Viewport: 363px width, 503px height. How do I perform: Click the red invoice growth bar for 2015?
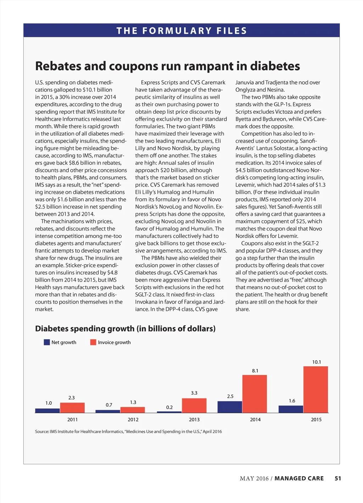tap(315, 389)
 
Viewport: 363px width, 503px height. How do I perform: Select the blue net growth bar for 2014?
tap(230, 407)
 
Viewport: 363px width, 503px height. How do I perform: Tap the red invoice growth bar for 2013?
tap(194, 406)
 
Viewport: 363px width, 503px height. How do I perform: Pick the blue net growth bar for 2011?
tap(47, 411)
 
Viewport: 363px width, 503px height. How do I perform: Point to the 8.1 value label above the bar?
tap(255, 371)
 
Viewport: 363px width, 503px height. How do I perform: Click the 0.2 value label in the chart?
tap(169, 407)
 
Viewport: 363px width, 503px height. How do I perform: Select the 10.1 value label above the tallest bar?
tap(316, 362)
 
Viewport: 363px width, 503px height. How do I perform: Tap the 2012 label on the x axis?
tap(133, 419)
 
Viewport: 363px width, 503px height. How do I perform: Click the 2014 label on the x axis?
tap(255, 419)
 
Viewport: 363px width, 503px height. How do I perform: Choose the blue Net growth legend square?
tap(47, 342)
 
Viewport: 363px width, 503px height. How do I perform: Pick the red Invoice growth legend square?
tap(93, 342)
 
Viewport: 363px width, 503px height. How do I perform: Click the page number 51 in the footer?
tap(338, 478)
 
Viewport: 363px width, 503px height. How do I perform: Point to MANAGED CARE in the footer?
tap(299, 478)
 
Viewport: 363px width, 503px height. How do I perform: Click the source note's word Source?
tap(41, 431)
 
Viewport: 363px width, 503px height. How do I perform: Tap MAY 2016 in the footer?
tap(254, 478)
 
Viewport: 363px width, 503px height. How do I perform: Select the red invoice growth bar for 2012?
tap(133, 410)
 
